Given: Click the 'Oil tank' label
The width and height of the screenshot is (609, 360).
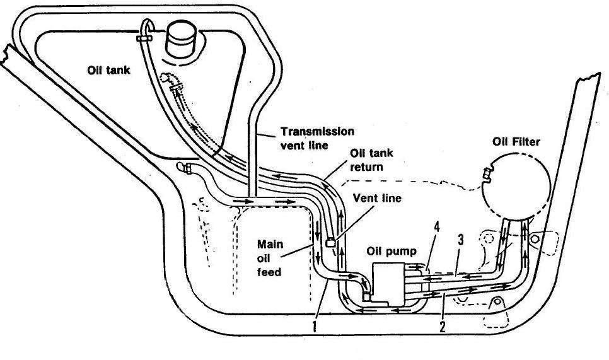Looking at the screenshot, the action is tap(108, 70).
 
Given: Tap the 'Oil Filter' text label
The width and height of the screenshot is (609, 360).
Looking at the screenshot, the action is tap(516, 142).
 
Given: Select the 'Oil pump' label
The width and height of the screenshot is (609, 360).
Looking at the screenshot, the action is tap(391, 252).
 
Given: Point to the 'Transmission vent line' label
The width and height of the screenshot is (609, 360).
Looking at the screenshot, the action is tap(317, 138).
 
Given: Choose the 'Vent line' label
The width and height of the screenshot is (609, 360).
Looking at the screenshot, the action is tap(377, 198).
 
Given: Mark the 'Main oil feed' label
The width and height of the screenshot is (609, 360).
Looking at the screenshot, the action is tap(270, 258).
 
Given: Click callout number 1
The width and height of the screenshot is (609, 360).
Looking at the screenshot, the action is tap(315, 325).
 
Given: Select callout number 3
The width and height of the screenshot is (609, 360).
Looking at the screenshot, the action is tap(461, 240).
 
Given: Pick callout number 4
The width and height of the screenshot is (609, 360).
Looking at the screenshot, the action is tap(437, 227).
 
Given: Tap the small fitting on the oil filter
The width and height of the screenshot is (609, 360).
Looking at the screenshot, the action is tap(486, 175).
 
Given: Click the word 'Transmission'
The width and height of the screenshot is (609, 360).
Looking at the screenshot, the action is tap(317, 132).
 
